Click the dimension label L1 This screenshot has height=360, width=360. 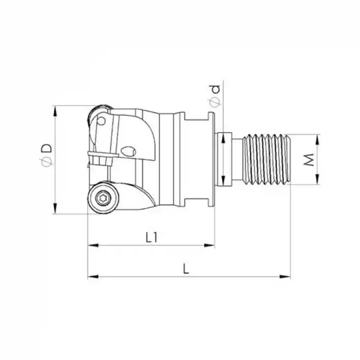pyautogui.click(x=151, y=237)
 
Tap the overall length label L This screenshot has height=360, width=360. pyautogui.click(x=186, y=268)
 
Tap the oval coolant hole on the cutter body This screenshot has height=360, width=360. pyautogui.click(x=129, y=151)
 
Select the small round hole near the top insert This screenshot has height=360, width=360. pyautogui.click(x=102, y=121)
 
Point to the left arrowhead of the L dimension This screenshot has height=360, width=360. pyautogui.click(x=91, y=277)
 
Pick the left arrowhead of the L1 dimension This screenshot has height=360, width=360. pyautogui.click(x=91, y=246)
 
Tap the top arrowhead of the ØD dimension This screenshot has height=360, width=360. pyautogui.click(x=55, y=110)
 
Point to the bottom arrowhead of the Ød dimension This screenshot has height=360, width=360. pyautogui.click(x=223, y=182)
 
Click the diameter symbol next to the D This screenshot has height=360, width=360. pyautogui.click(x=46, y=162)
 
